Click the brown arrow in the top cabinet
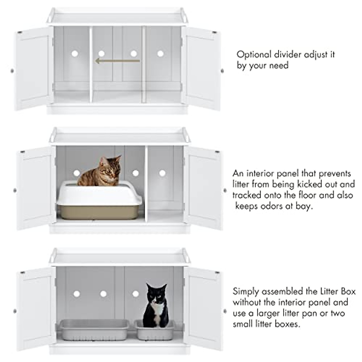pos(118,61)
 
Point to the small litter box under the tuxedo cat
pos(155,329)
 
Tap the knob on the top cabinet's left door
pos(12,71)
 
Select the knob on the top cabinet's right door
pos(222,71)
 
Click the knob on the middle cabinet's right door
pos(225,190)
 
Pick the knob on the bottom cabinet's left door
pos(14,311)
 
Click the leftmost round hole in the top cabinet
pos(75,54)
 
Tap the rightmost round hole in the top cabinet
pos(160,54)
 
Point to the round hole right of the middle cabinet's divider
pos(162,173)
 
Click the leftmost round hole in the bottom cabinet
pos(75,293)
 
